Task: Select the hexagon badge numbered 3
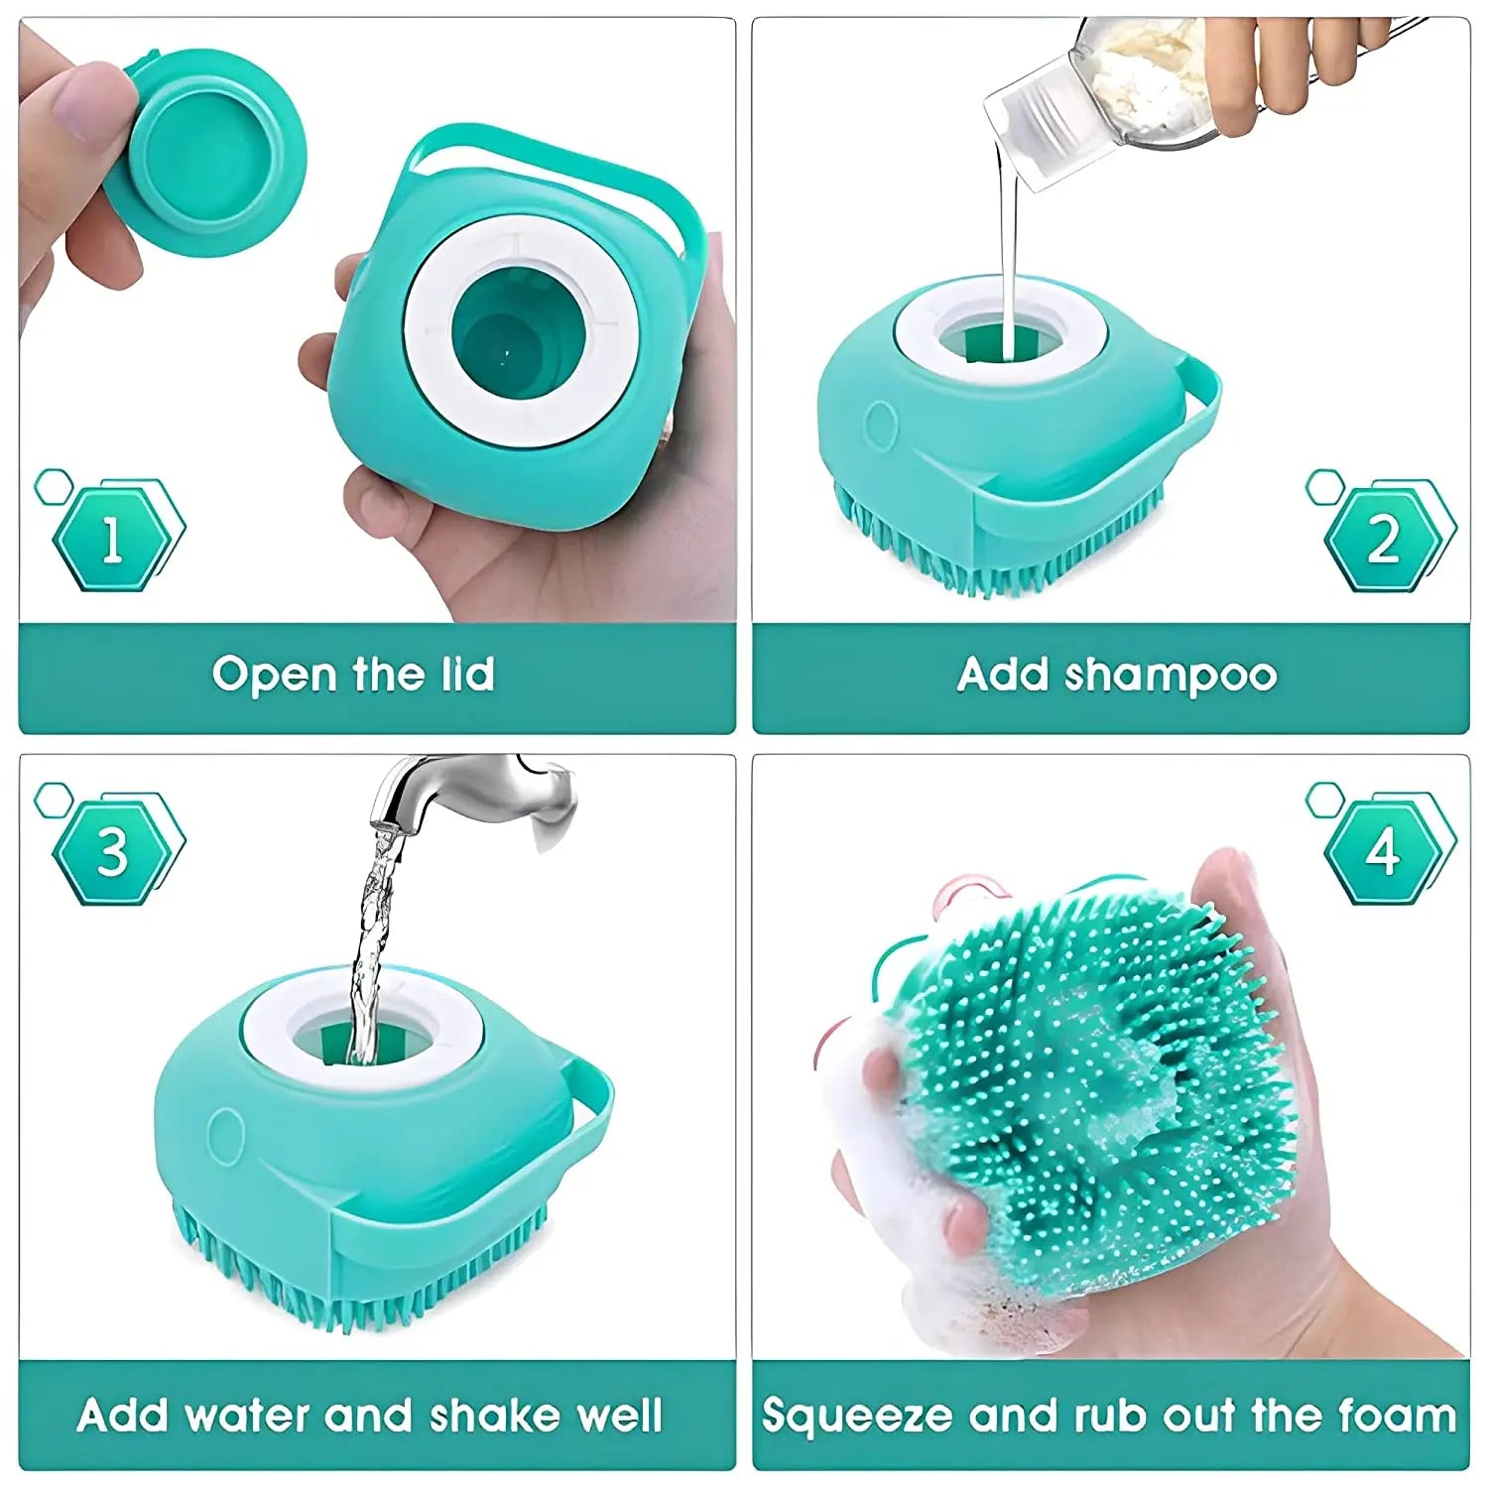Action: coord(112,851)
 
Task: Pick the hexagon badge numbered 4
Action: coord(1383,851)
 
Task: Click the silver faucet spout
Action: coord(466,789)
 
